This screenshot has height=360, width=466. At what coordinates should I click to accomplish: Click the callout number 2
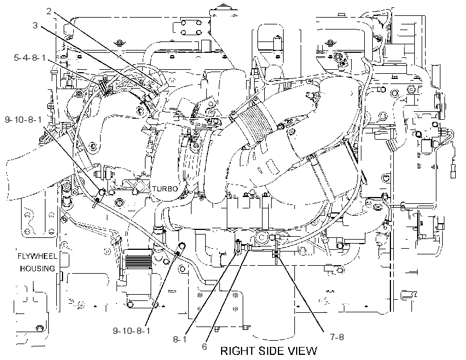tap(49, 11)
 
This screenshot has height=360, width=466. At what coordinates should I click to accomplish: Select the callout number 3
tap(35, 26)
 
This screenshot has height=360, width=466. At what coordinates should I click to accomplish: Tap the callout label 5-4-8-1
tap(30, 57)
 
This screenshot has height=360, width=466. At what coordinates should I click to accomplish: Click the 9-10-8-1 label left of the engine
tap(23, 120)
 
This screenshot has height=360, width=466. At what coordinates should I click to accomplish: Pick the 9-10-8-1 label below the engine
tap(131, 330)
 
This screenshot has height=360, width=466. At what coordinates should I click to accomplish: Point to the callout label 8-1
tap(180, 339)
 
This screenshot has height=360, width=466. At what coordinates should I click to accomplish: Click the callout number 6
tap(205, 346)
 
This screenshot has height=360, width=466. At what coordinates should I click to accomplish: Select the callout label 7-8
tap(337, 337)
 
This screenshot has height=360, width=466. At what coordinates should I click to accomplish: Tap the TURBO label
tap(165, 189)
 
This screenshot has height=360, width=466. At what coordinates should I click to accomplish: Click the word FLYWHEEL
tap(37, 256)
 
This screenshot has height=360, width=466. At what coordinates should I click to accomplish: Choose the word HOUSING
tap(38, 269)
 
